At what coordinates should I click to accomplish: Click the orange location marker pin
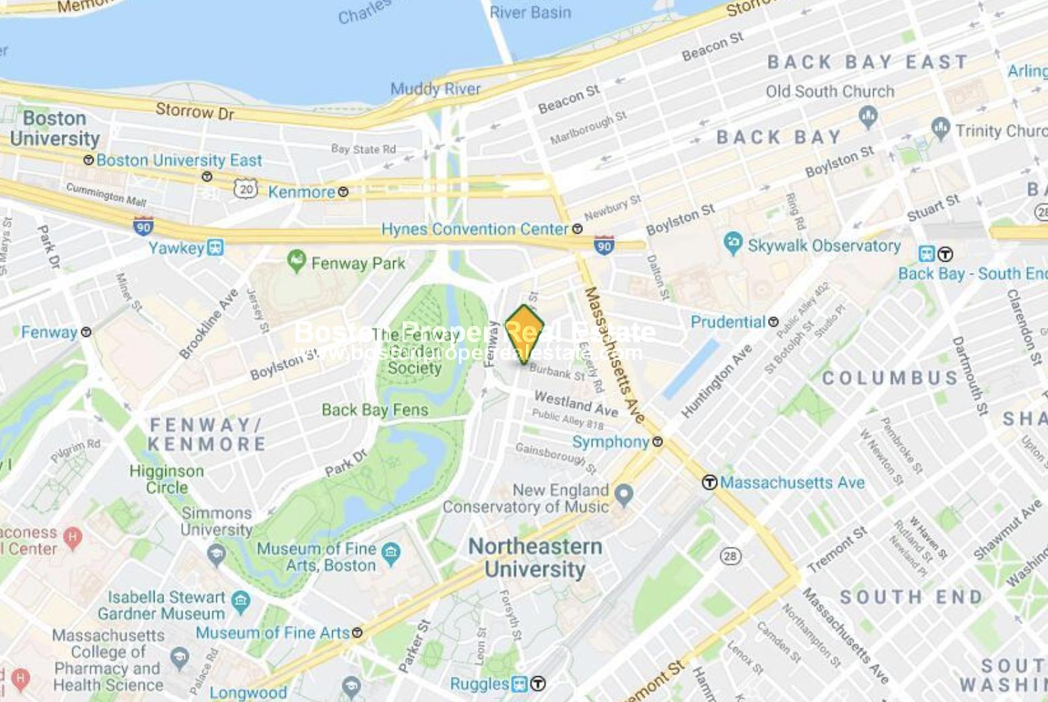525,334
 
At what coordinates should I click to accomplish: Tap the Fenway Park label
357,263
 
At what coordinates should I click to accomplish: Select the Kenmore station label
301,192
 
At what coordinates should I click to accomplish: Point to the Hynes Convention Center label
475,229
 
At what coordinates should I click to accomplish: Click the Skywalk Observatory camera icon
733,243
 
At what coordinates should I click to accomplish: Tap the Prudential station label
727,321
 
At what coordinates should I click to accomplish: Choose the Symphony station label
611,442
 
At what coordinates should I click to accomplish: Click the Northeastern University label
535,558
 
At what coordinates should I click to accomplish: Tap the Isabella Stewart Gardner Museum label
161,605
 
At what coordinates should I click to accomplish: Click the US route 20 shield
246,188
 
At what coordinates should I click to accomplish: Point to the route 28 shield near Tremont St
729,556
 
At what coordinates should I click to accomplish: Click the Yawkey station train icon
216,247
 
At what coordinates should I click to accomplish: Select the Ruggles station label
479,684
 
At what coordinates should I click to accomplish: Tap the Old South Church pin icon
868,116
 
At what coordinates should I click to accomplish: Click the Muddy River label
435,89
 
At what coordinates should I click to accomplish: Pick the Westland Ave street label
576,403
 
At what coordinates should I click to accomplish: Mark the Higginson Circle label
167,479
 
